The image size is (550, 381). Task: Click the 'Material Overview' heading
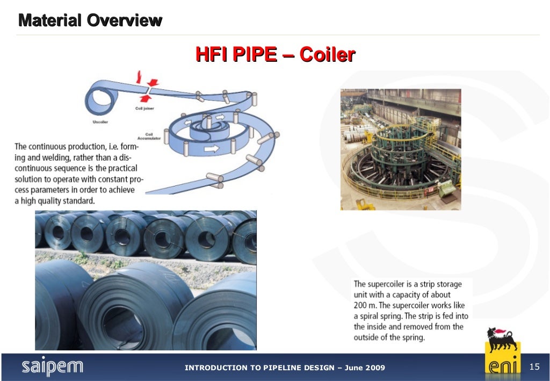pyautogui.click(x=90, y=21)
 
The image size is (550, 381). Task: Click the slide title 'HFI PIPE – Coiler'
pyautogui.click(x=274, y=54)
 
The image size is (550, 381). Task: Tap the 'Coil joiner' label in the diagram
pyautogui.click(x=146, y=109)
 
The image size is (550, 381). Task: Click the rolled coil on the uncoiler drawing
pyautogui.click(x=100, y=97)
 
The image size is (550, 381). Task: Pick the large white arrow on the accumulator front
pyautogui.click(x=212, y=149)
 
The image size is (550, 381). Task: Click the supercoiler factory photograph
pyautogui.click(x=400, y=149)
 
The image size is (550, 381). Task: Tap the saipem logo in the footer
pyautogui.click(x=52, y=366)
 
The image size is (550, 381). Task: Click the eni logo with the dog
pyautogui.click(x=502, y=350)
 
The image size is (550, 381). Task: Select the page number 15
pyautogui.click(x=534, y=366)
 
